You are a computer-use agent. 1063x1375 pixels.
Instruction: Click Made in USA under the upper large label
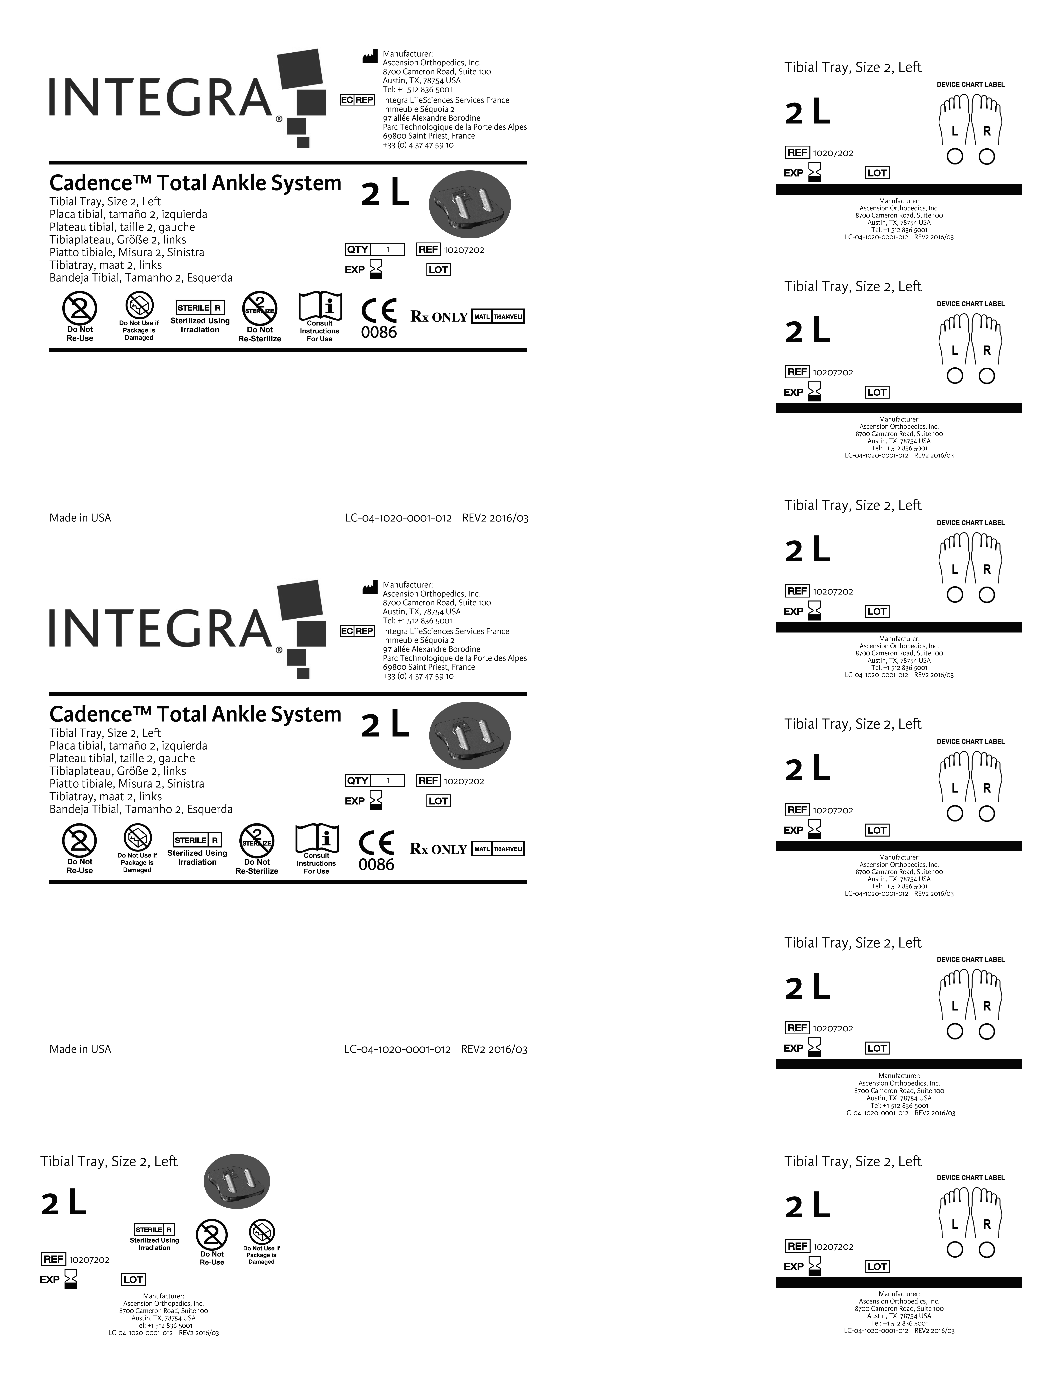pyautogui.click(x=80, y=518)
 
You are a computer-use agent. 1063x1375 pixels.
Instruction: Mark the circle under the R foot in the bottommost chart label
pyautogui.click(x=987, y=1250)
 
